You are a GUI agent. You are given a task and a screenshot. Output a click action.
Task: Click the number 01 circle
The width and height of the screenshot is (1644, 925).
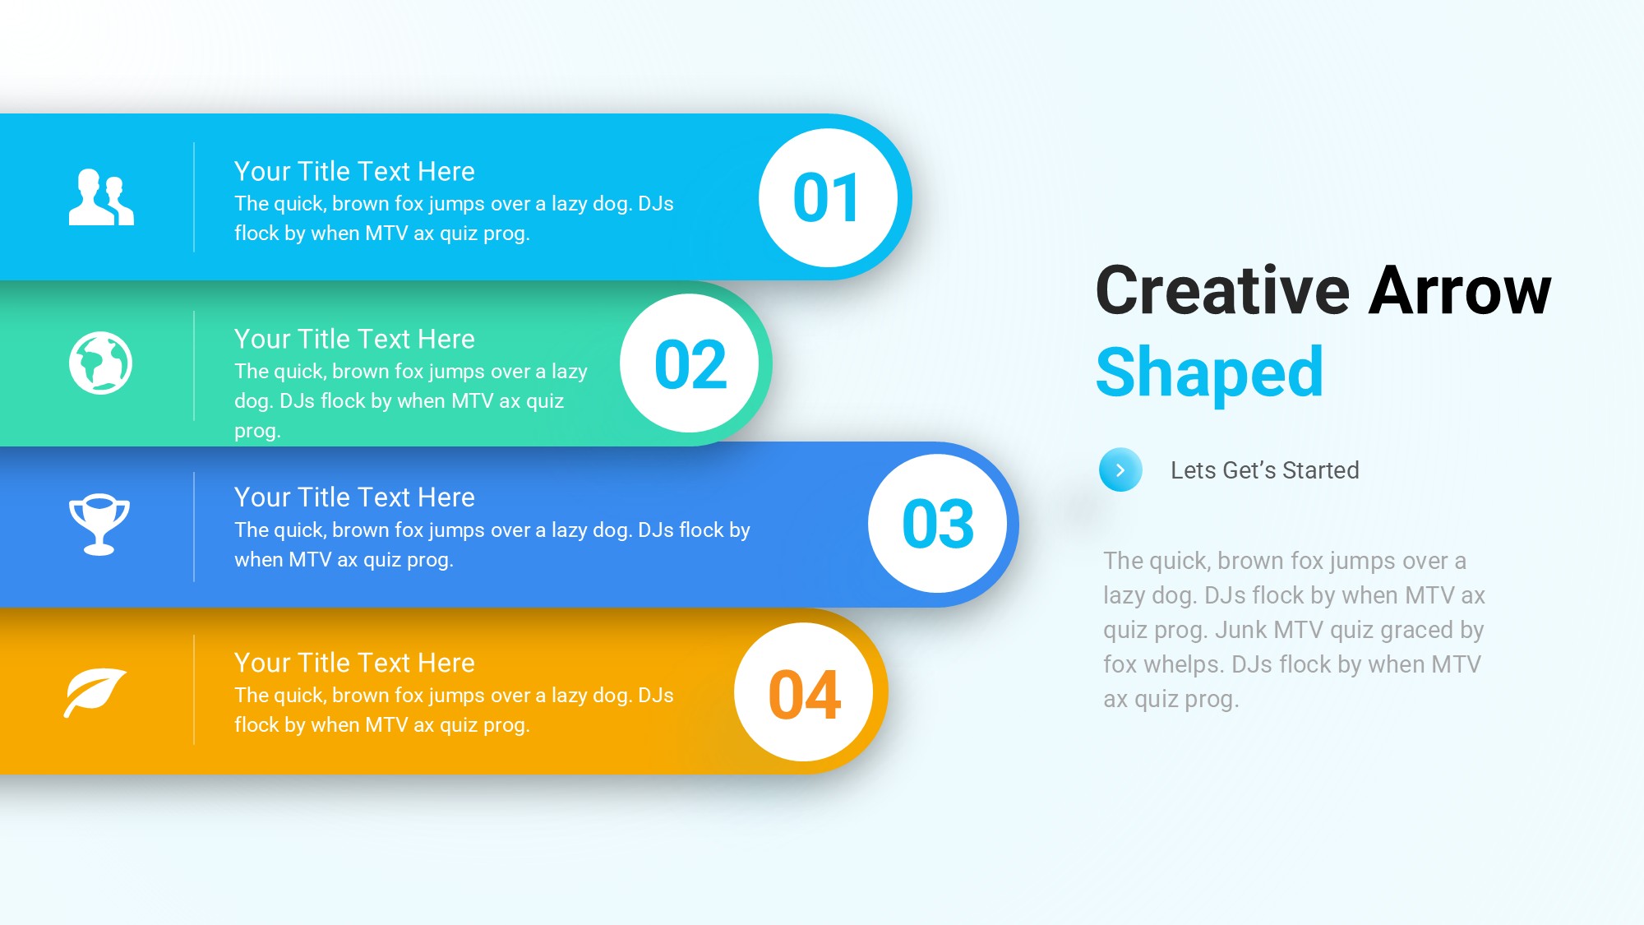coord(828,197)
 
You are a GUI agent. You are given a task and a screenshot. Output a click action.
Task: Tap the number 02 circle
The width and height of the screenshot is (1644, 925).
coord(690,363)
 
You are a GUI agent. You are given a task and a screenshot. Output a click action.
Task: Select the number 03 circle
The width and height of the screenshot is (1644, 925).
coord(938,523)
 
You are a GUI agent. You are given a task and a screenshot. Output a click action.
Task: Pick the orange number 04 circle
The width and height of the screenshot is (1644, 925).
coord(804,692)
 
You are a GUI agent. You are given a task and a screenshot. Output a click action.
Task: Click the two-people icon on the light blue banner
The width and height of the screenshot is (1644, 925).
coord(101,197)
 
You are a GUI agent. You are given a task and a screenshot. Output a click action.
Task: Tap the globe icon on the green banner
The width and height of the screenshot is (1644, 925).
coord(100,363)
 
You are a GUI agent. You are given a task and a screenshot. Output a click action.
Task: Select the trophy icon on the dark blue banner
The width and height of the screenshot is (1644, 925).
coord(99,525)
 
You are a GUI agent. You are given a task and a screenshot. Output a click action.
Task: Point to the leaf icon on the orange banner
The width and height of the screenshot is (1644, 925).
coord(95,692)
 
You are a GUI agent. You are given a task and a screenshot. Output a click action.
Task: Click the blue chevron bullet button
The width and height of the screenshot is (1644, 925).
coord(1120,470)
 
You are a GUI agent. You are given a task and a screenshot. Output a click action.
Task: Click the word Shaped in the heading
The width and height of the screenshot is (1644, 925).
coord(1210,372)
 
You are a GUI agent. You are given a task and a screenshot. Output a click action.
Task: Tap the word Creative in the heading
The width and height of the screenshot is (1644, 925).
coord(1223,290)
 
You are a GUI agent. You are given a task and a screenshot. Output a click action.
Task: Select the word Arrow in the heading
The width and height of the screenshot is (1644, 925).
coord(1460,290)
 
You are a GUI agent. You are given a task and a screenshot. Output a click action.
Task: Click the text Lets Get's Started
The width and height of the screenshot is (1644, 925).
coord(1265,470)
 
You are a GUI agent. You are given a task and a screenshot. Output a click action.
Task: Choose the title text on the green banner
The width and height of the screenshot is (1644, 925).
coord(354,339)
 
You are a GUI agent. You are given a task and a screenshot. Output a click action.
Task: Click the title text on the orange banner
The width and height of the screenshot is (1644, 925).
coord(354,663)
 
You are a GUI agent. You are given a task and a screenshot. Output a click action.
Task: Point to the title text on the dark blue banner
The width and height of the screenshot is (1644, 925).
coord(354,497)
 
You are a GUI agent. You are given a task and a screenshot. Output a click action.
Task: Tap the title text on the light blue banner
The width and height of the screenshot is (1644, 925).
coord(354,171)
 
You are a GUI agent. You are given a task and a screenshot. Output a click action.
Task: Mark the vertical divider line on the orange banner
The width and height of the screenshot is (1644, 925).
coord(194,690)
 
